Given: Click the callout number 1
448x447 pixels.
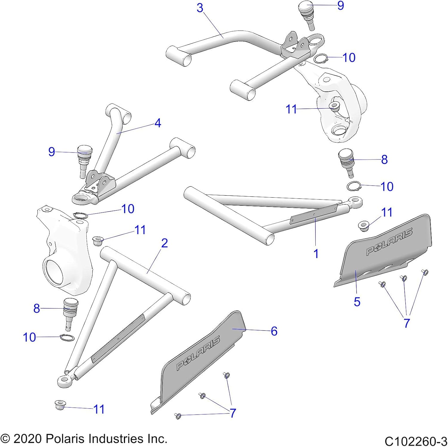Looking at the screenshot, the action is (x=316, y=253).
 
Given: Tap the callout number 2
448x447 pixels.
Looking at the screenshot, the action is (x=165, y=243).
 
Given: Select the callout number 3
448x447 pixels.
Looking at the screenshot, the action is (x=200, y=8).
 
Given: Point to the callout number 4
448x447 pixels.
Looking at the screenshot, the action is (x=158, y=123).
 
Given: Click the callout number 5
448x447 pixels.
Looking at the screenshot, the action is (x=357, y=301).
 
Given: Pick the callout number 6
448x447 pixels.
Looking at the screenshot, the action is (x=274, y=331).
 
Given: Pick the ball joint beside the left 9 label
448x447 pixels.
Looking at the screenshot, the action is (x=85, y=161).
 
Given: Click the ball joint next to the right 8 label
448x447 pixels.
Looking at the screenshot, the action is (x=346, y=163).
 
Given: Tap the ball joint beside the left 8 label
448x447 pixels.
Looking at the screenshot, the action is (x=70, y=314).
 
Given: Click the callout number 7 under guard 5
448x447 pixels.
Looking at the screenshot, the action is (x=407, y=323).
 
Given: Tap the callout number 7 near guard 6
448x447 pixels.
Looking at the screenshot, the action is (x=233, y=413).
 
